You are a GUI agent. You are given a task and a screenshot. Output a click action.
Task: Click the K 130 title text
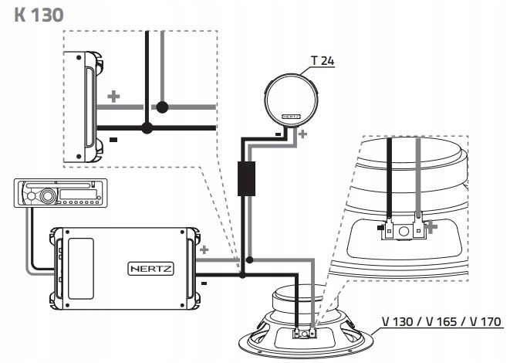coord(39,15)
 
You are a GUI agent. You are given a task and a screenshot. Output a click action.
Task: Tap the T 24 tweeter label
coord(323,60)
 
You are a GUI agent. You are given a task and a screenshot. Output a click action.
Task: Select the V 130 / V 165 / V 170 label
coord(441,321)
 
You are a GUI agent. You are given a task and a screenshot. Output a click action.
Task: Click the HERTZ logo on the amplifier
coord(150,269)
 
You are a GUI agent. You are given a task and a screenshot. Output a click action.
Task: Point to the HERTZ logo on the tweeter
coord(290,116)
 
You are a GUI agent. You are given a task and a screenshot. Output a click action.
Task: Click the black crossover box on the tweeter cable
coord(246,178)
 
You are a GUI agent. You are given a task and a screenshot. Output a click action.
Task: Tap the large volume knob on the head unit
coord(47,195)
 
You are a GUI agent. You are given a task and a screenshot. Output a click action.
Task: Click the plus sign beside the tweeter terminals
coord(302,134)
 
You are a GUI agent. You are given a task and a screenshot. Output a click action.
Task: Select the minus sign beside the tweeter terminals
coord(278,134)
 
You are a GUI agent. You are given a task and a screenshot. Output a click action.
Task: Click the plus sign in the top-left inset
coord(113,97)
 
